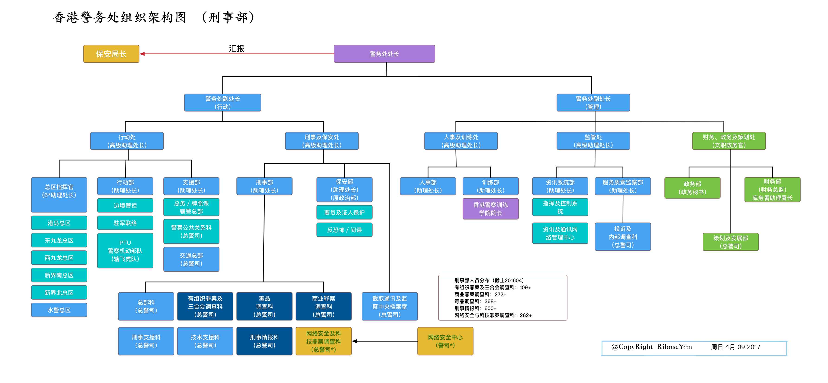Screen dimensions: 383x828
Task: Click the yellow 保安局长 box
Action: tap(111, 54)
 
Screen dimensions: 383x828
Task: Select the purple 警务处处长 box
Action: tap(384, 54)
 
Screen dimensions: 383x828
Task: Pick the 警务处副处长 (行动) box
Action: tap(222, 103)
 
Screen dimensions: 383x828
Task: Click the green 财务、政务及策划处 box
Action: tap(728, 141)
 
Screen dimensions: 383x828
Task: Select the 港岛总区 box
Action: tap(59, 223)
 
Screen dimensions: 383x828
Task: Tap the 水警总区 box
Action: tap(59, 310)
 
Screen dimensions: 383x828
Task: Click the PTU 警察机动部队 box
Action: tap(125, 251)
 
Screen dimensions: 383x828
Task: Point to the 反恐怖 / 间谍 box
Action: tap(344, 230)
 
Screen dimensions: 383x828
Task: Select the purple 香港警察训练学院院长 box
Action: tap(490, 209)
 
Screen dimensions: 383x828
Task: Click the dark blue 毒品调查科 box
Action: tap(264, 306)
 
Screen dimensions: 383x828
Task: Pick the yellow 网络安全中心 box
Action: tap(445, 341)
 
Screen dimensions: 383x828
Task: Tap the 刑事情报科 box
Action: tap(264, 341)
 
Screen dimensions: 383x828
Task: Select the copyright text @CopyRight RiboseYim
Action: tap(651, 347)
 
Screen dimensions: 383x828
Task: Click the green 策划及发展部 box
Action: tap(730, 242)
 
